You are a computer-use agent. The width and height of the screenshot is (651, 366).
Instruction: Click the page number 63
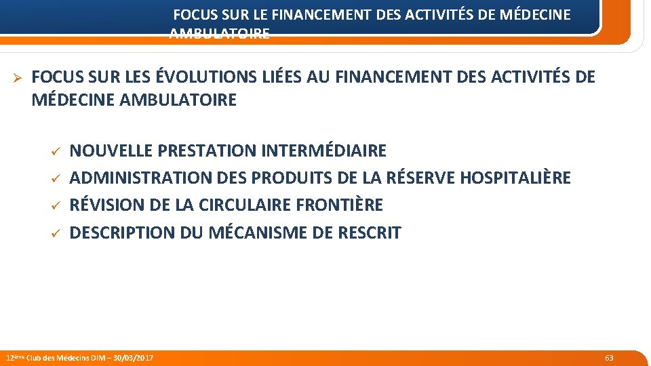pyautogui.click(x=609, y=357)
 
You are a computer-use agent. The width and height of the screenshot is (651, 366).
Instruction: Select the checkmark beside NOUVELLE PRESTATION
pyautogui.click(x=57, y=150)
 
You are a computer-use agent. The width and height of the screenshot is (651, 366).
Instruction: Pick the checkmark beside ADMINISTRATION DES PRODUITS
pyautogui.click(x=57, y=178)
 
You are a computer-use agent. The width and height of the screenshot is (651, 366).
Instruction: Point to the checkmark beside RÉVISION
pyautogui.click(x=57, y=205)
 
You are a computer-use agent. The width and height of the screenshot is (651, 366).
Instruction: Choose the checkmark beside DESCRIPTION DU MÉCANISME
pyautogui.click(x=57, y=232)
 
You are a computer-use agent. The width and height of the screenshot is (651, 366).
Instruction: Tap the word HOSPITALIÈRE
pyautogui.click(x=515, y=178)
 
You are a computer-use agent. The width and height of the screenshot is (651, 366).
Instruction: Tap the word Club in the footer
pyautogui.click(x=34, y=357)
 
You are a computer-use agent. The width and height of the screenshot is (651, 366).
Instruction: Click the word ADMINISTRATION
pyautogui.click(x=140, y=178)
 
